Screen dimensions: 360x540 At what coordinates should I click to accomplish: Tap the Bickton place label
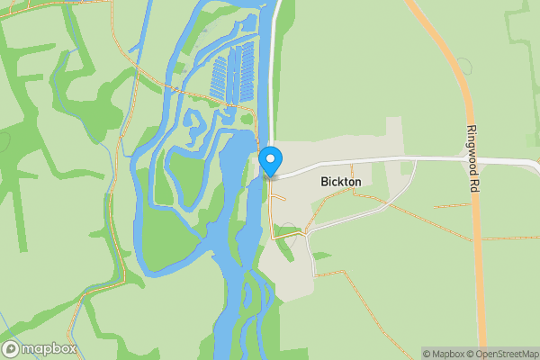[340, 182]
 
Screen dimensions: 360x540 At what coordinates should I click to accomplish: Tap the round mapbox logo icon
[12, 349]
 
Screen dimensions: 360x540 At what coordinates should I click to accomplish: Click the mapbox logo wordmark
[49, 349]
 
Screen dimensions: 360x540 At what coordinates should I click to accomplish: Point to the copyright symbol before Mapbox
[427, 354]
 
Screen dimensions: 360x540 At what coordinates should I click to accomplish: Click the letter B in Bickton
[324, 182]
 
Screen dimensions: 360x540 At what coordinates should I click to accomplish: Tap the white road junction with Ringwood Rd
[470, 160]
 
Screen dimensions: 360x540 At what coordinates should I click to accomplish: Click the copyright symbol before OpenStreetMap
[471, 354]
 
